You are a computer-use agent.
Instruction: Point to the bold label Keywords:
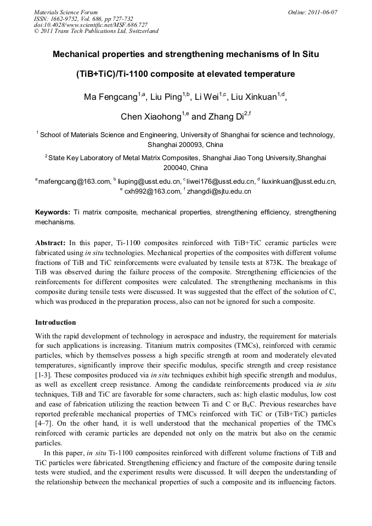point(53,212)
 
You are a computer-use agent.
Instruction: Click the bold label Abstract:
point(50,242)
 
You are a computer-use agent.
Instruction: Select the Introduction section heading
point(55,322)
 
